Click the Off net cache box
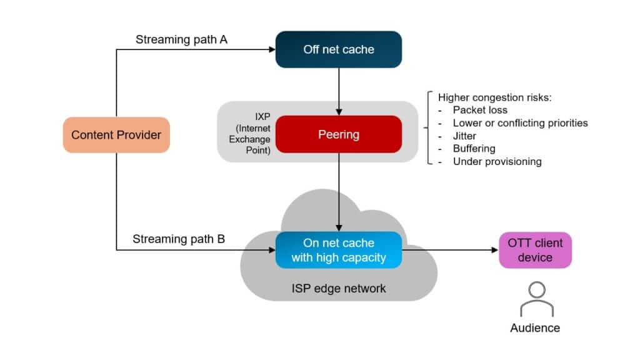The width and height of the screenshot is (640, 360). point(338,49)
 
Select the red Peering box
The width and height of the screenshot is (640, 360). point(338,134)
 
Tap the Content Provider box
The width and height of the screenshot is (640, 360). point(116,135)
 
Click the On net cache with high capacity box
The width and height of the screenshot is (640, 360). point(338,250)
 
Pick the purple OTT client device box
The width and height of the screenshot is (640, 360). point(535,250)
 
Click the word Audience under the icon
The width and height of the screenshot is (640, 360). point(535,328)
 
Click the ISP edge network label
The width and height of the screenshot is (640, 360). point(339,288)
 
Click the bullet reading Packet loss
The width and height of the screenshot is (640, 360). point(480,110)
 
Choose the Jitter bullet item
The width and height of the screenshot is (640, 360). point(464,136)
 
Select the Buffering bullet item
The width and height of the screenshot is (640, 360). point(474,149)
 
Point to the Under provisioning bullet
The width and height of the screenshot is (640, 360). point(497,161)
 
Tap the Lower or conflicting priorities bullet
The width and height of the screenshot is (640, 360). point(520,122)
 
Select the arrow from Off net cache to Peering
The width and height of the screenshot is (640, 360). point(338,91)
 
